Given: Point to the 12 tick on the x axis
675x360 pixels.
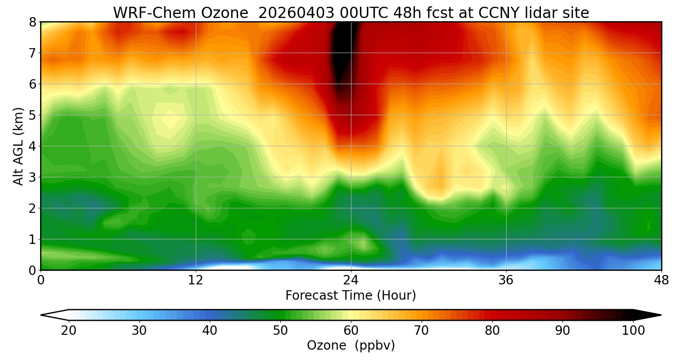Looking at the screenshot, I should pyautogui.click(x=196, y=279).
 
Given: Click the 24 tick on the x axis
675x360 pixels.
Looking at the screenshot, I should pyautogui.click(x=351, y=279).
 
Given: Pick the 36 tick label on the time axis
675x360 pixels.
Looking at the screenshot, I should pyautogui.click(x=506, y=279).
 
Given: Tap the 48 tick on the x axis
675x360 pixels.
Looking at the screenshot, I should pyautogui.click(x=661, y=279).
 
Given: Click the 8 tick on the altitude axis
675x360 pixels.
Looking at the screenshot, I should pyautogui.click(x=32, y=22).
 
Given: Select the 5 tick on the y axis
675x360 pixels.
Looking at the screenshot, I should pyautogui.click(x=32, y=115).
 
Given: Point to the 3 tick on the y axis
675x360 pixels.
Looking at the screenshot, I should pyautogui.click(x=32, y=177).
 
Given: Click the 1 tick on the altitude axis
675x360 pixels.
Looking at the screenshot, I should pyautogui.click(x=32, y=239).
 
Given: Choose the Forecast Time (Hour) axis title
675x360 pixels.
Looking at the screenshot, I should pyautogui.click(x=351, y=296).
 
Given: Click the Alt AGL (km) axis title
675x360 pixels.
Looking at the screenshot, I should pyautogui.click(x=18, y=146).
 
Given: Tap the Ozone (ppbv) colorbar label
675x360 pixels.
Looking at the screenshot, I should pyautogui.click(x=351, y=346).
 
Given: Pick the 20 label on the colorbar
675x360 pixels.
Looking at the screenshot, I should pyautogui.click(x=68, y=331).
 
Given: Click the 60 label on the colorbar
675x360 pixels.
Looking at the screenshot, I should pyautogui.click(x=351, y=331).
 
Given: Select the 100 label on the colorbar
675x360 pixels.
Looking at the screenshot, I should pyautogui.click(x=633, y=331).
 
